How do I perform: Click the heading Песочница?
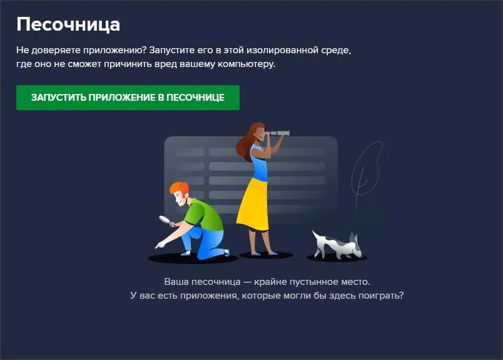[68, 24]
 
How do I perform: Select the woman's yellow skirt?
[253, 204]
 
